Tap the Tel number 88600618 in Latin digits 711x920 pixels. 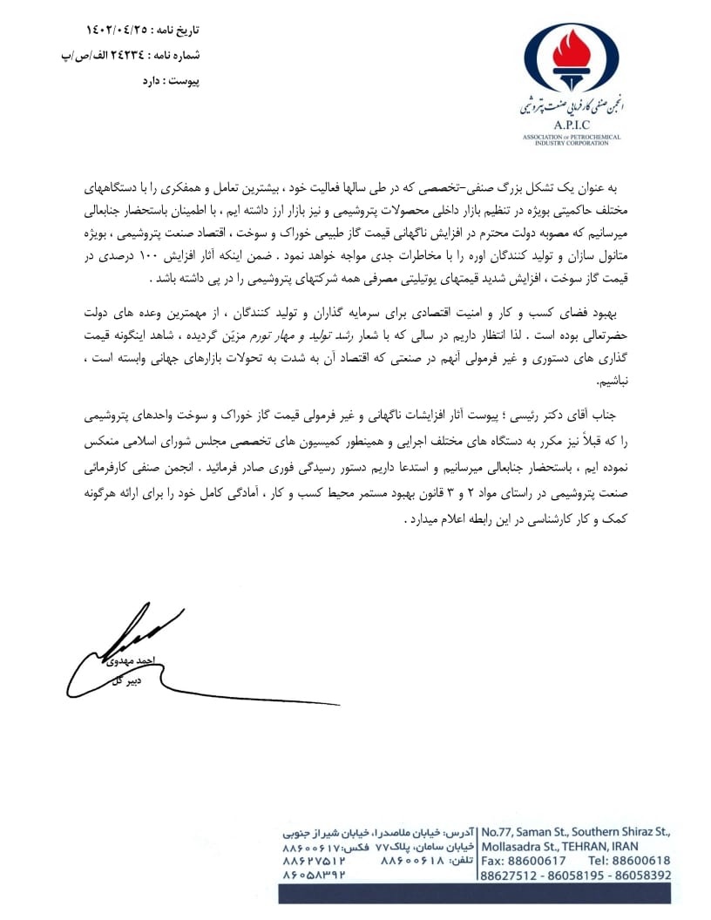coord(640,861)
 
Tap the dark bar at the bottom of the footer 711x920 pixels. coord(475,893)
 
